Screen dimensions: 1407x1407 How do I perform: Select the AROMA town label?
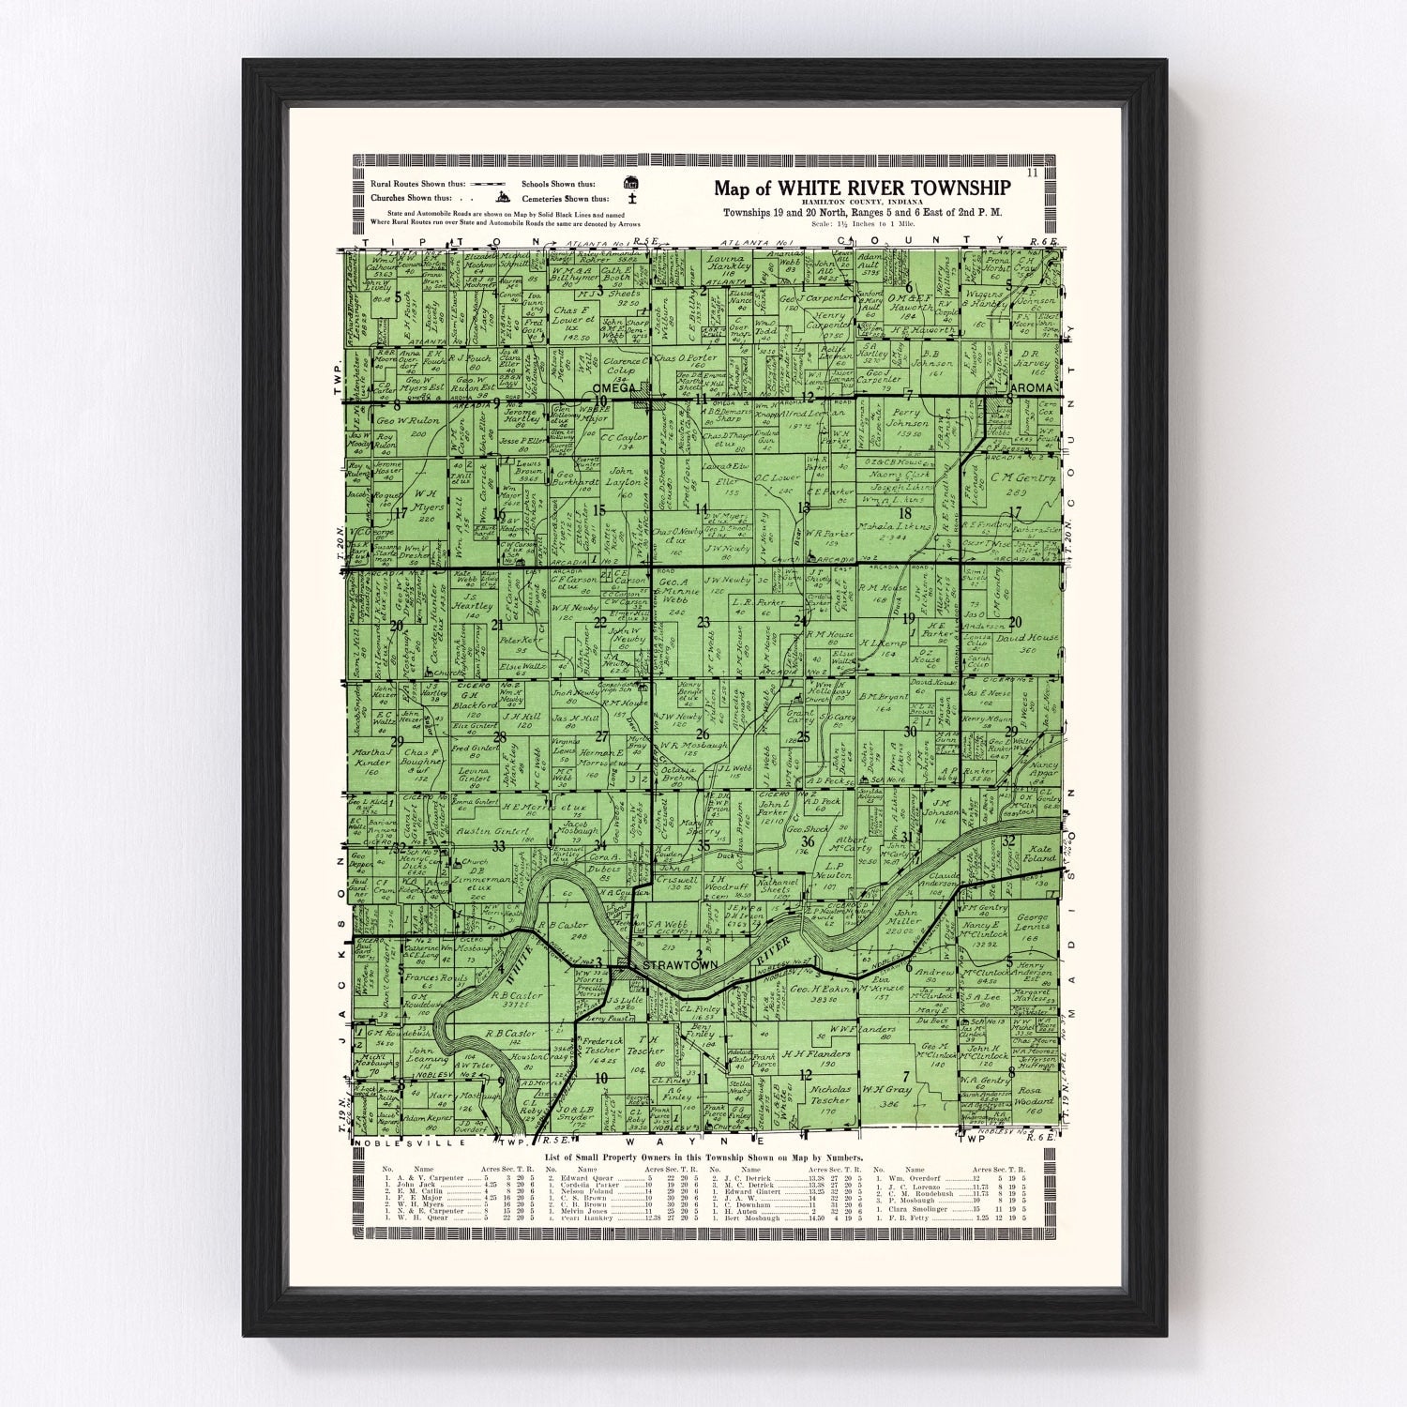pyautogui.click(x=1032, y=386)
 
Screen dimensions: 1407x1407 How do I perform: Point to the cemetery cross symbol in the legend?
pyautogui.click(x=631, y=199)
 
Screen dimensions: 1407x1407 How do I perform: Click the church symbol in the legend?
pyautogui.click(x=504, y=198)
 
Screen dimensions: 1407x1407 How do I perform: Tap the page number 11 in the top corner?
pyautogui.click(x=1032, y=172)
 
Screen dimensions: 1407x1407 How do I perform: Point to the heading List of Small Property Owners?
pyautogui.click(x=703, y=1158)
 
